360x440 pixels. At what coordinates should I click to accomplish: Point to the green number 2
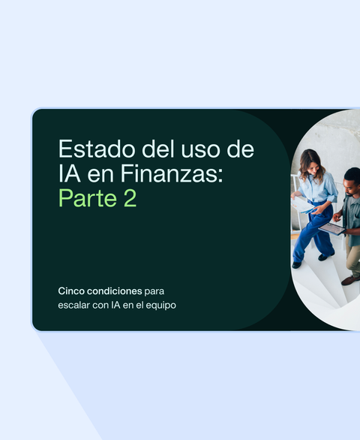[129, 199]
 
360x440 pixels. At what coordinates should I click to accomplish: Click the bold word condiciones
[114, 291]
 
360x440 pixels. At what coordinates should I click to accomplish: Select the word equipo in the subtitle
[161, 305]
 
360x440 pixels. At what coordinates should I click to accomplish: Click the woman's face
[313, 162]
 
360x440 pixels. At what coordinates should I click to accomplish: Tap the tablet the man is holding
[331, 228]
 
